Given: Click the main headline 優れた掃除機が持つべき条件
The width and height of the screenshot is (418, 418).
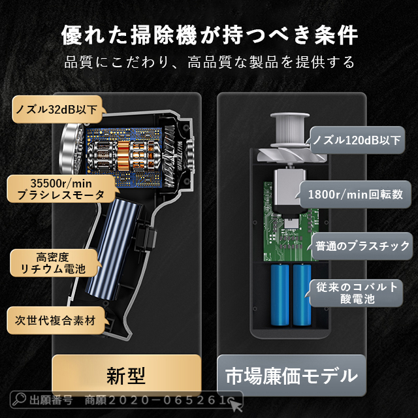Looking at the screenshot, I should [x=209, y=34].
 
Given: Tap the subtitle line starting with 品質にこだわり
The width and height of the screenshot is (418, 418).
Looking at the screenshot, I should [x=209, y=63].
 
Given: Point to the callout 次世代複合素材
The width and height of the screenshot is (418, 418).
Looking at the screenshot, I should [x=56, y=321].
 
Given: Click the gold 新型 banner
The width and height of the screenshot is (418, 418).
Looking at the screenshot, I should [x=126, y=375].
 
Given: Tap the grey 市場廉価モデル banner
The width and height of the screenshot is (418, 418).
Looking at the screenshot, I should [x=291, y=376].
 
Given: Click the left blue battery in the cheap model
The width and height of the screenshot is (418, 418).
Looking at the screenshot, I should [x=280, y=297].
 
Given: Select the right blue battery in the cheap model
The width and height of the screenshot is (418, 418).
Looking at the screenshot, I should [x=302, y=297].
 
